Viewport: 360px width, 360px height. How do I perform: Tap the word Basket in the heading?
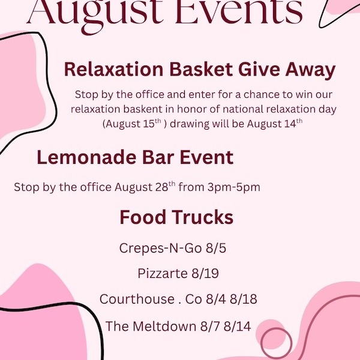pyautogui.click(x=201, y=69)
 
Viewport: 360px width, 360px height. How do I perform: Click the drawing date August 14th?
pyautogui.click(x=275, y=124)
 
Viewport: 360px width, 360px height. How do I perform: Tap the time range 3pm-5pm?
pyautogui.click(x=234, y=187)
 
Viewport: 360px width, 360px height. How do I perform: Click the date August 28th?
pyautogui.click(x=145, y=187)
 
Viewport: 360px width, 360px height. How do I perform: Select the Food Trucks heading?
pyautogui.click(x=176, y=217)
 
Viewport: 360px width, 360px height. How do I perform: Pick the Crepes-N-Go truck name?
pyautogui.click(x=160, y=248)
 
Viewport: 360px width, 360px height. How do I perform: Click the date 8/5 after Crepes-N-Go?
pyautogui.click(x=216, y=248)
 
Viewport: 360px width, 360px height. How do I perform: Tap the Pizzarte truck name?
pyautogui.click(x=163, y=274)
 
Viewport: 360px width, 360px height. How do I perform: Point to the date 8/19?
pyautogui.click(x=205, y=274)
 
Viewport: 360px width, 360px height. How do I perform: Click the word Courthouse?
pyautogui.click(x=137, y=299)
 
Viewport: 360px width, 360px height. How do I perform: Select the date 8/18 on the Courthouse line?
pyautogui.click(x=244, y=299)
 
